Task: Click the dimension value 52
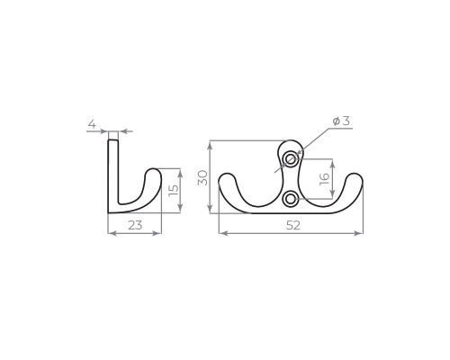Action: pyautogui.click(x=292, y=225)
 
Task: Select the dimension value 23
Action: pyautogui.click(x=135, y=225)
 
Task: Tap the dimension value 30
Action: pyautogui.click(x=203, y=178)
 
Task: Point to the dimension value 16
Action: pyautogui.click(x=325, y=179)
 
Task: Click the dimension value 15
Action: pyautogui.click(x=174, y=190)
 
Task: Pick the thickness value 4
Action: pyautogui.click(x=92, y=123)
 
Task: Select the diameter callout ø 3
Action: pyautogui.click(x=341, y=121)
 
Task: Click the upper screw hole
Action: pyautogui.click(x=291, y=159)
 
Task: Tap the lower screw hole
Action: pyautogui.click(x=291, y=199)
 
